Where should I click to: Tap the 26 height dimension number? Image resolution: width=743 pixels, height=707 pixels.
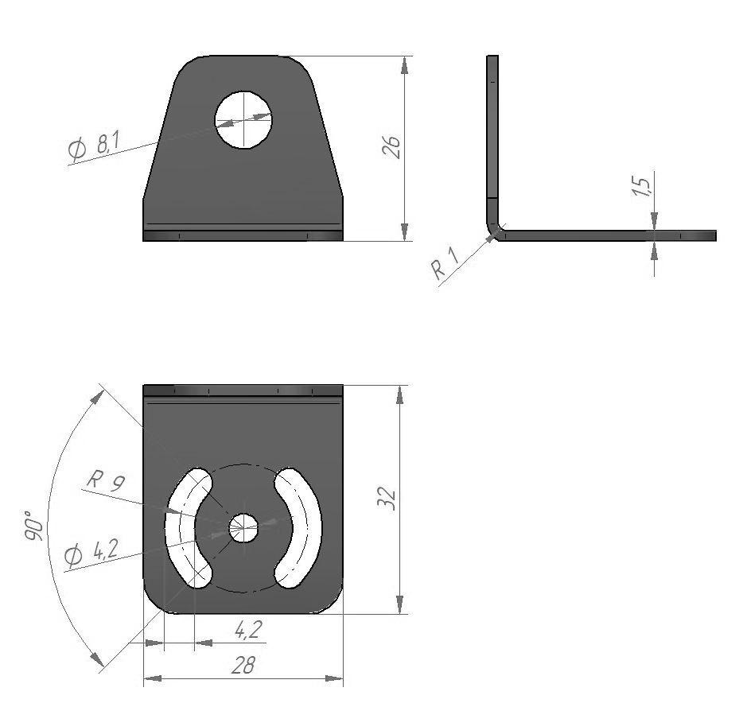[x=391, y=147]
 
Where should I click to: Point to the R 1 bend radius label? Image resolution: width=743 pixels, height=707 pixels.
[x=446, y=264]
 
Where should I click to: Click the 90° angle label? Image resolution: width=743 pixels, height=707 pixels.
[x=34, y=526]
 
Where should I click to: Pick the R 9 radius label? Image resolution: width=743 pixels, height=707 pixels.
[x=106, y=482]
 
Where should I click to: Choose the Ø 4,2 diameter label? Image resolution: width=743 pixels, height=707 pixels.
[x=91, y=554]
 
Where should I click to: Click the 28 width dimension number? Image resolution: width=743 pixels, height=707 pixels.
[x=243, y=665]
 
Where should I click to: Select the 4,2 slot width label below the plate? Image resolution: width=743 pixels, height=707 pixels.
[x=248, y=630]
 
